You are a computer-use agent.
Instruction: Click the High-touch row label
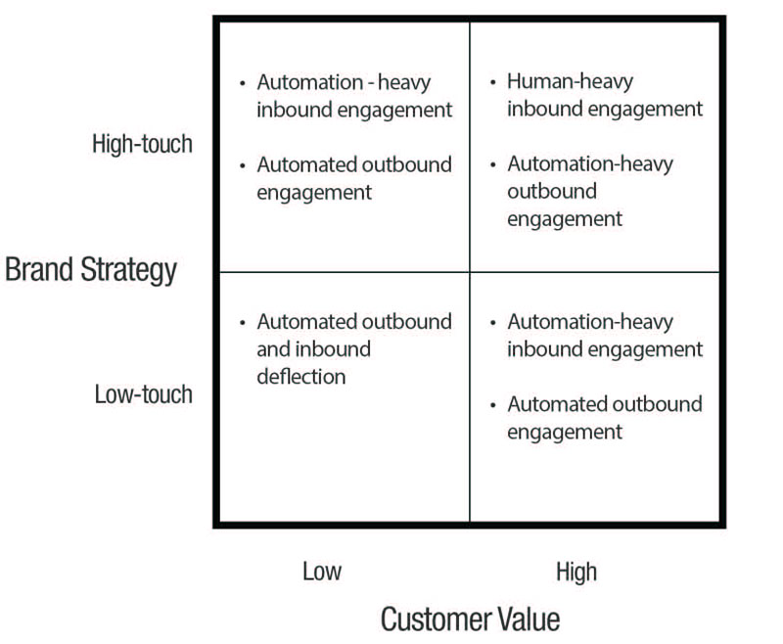click(142, 145)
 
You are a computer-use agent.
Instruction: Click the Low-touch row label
click(143, 395)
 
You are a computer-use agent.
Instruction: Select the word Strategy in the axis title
click(131, 270)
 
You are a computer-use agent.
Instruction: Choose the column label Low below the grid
click(322, 572)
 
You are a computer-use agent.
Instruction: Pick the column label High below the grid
click(576, 572)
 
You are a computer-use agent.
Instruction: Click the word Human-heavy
click(570, 81)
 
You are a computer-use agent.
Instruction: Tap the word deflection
click(300, 376)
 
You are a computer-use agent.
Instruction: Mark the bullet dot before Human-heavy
click(494, 82)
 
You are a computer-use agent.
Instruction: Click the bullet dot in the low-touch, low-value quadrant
click(244, 322)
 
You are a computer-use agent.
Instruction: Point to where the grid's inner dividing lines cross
click(470, 272)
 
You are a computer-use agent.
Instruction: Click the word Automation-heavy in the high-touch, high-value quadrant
click(590, 163)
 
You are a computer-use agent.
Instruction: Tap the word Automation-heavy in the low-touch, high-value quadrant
click(590, 321)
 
